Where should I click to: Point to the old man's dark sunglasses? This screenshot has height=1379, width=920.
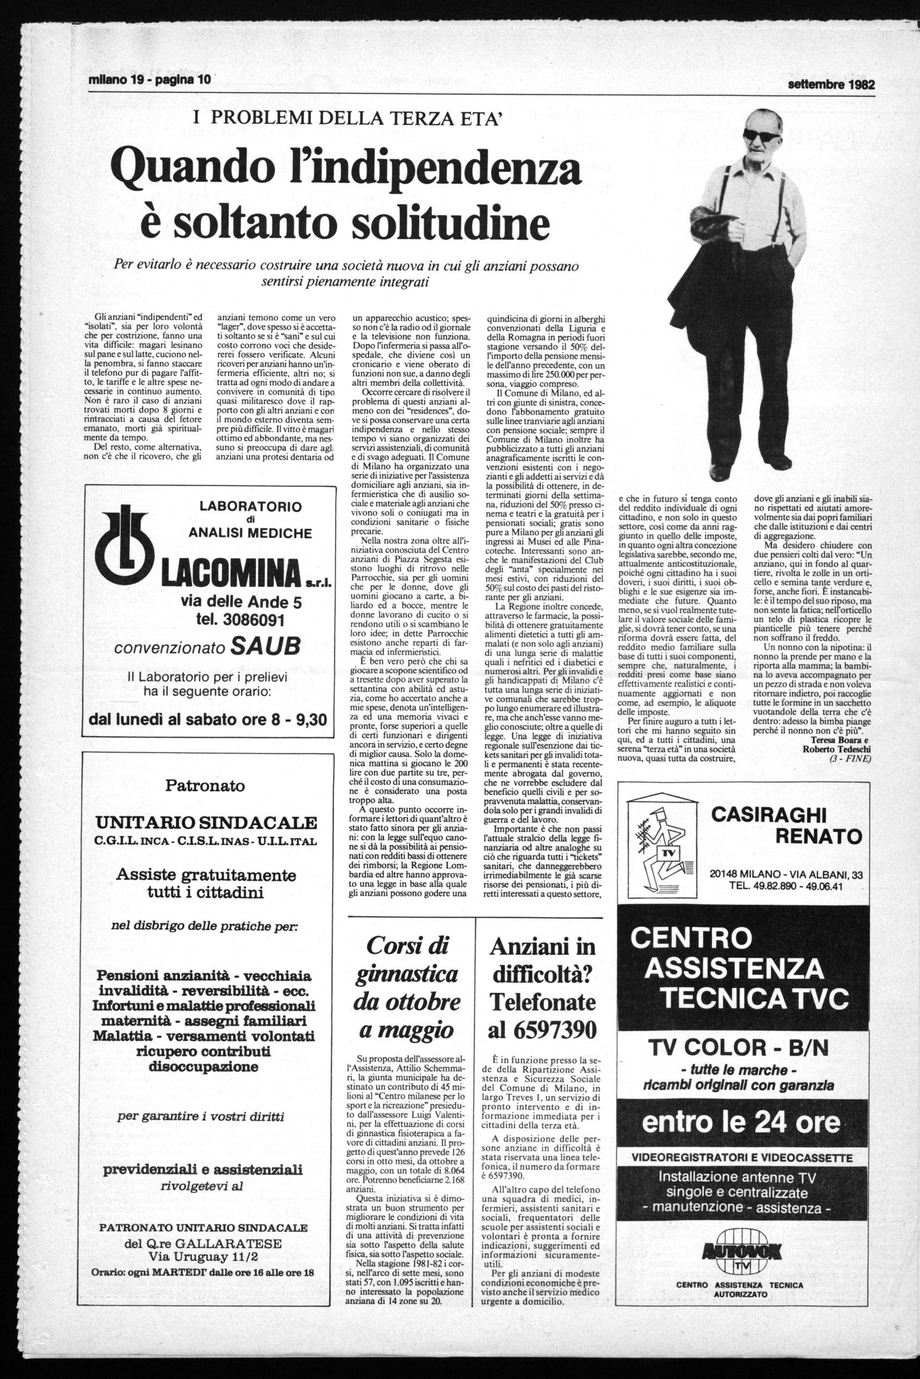tap(761, 134)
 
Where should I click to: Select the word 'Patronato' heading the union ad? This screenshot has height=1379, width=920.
tap(205, 785)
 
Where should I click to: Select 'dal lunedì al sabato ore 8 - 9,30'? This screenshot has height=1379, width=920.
tap(208, 719)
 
